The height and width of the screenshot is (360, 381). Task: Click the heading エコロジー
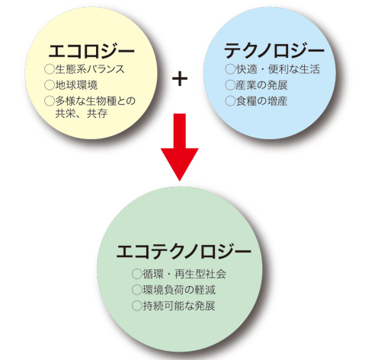click(91, 51)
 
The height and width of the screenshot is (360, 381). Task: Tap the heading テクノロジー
click(274, 51)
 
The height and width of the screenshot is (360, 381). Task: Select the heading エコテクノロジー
click(184, 251)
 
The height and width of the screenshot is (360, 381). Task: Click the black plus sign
click(180, 78)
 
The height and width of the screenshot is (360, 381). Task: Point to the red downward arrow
click(180, 147)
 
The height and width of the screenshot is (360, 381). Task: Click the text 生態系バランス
click(90, 69)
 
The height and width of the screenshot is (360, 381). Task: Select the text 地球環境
click(76, 85)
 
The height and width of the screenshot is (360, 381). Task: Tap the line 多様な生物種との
click(95, 101)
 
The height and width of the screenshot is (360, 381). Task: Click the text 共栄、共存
click(82, 113)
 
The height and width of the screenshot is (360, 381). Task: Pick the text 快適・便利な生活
click(278, 69)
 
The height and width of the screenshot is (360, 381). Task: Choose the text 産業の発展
click(261, 85)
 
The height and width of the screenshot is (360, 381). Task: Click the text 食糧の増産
click(261, 101)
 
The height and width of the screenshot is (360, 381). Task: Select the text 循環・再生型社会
click(184, 274)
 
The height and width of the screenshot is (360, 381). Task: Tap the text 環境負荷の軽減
click(179, 290)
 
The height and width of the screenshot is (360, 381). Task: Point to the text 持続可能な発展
click(179, 306)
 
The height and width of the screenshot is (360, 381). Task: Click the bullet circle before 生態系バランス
click(50, 69)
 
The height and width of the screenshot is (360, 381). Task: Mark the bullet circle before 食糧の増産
click(230, 101)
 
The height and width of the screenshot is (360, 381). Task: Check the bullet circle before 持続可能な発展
click(137, 306)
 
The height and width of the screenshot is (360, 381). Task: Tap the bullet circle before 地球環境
click(50, 85)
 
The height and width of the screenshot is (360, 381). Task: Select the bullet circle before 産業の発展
click(230, 85)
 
